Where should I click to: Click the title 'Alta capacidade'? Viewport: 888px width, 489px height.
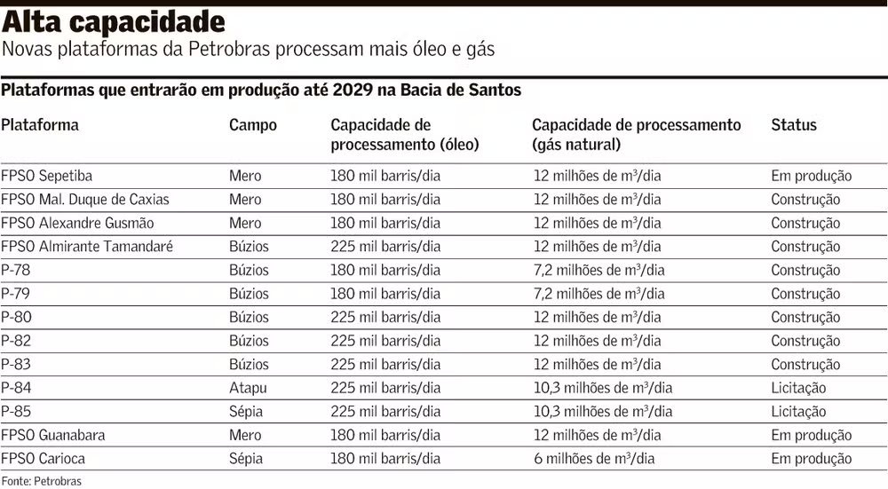click(x=113, y=21)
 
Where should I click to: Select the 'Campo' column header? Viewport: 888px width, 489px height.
click(x=253, y=125)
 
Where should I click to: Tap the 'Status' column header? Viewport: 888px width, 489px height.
click(x=794, y=125)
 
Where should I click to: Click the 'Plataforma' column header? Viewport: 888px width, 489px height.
click(x=40, y=125)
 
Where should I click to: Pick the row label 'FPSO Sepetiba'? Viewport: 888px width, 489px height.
click(x=47, y=176)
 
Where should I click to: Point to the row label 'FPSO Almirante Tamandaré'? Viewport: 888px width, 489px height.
click(x=87, y=247)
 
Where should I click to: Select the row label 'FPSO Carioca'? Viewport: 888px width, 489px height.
click(x=44, y=459)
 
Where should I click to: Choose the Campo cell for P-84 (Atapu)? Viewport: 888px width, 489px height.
click(x=248, y=388)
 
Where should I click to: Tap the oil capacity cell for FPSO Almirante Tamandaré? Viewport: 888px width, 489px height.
click(x=385, y=247)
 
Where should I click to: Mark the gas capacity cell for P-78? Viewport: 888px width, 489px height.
click(x=599, y=271)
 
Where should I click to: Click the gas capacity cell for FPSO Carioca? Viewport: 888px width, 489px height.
click(x=594, y=459)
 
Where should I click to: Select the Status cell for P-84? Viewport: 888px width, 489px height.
click(x=798, y=388)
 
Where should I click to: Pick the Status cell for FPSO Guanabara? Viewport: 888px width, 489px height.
click(x=811, y=436)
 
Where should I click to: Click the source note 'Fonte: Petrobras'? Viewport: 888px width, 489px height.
click(x=41, y=481)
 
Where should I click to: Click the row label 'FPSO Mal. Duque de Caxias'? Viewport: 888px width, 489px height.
click(x=85, y=200)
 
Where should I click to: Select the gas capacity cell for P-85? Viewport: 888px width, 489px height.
click(x=603, y=412)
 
